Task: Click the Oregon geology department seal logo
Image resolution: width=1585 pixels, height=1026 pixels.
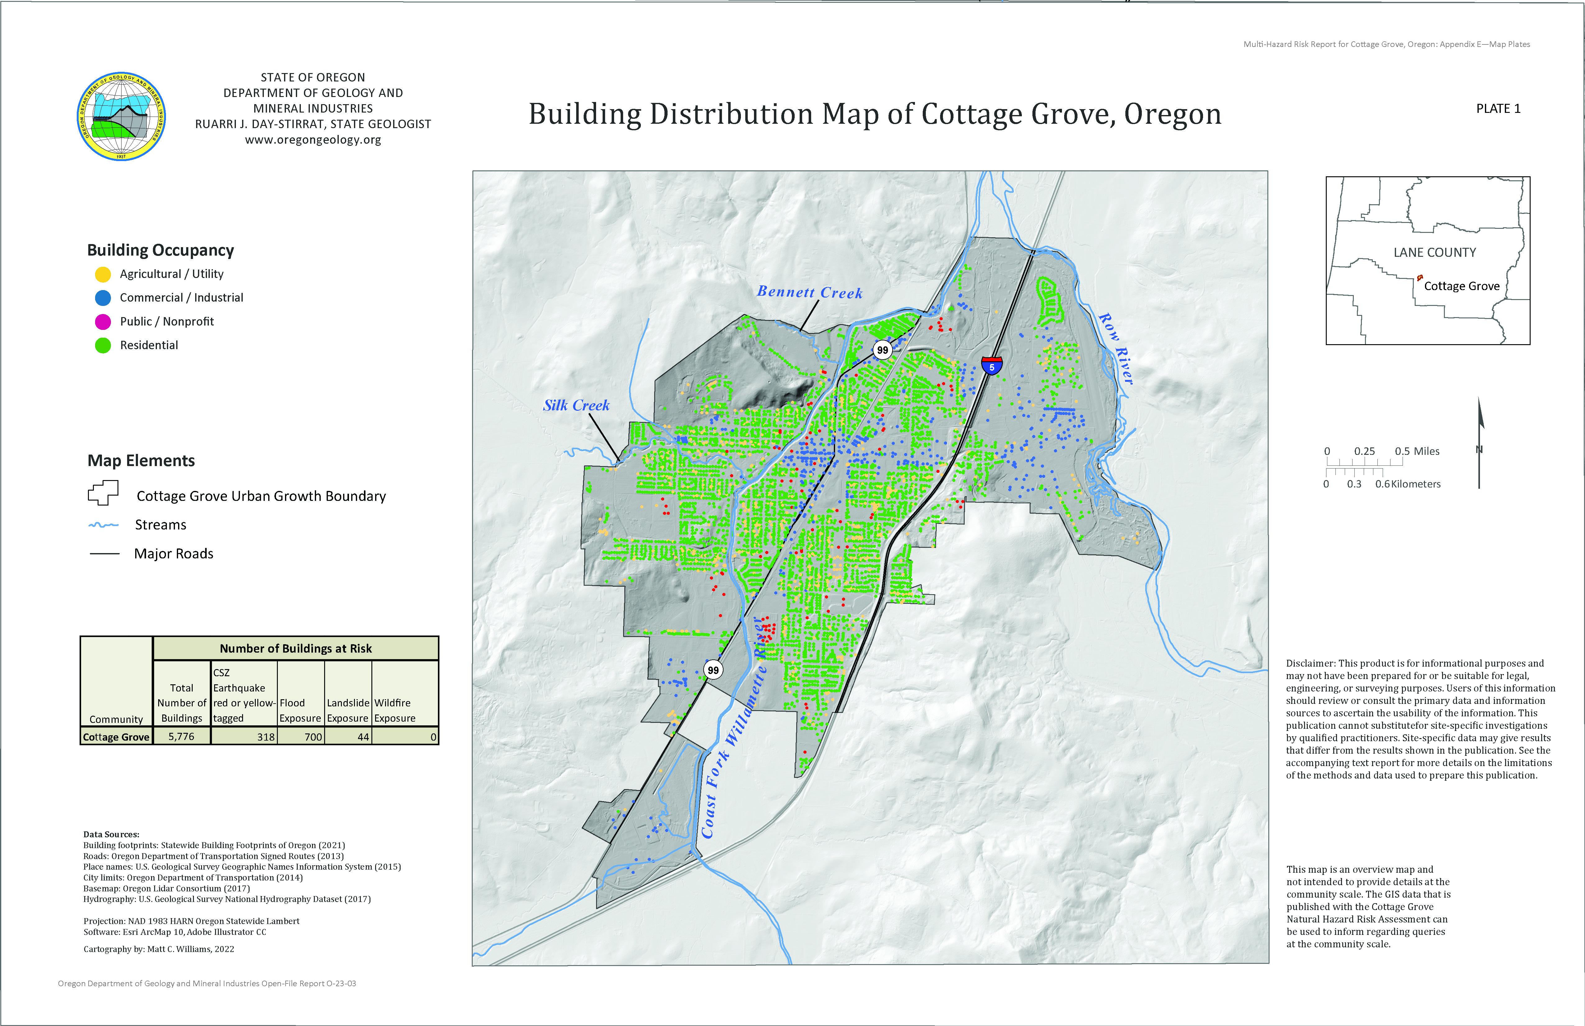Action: [121, 117]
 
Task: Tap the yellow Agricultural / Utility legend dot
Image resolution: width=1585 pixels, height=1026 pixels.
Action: [103, 274]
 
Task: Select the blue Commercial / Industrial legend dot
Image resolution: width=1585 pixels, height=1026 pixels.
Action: [103, 298]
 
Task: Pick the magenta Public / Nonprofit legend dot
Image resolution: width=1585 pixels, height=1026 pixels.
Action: [103, 322]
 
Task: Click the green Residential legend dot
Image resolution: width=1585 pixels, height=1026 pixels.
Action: [103, 345]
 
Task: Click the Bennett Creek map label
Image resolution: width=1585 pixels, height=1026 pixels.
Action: [809, 293]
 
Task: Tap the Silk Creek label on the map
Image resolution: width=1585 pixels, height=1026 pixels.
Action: [576, 405]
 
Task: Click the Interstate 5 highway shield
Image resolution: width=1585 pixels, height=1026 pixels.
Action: [992, 365]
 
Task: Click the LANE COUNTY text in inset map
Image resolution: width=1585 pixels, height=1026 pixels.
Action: [1435, 252]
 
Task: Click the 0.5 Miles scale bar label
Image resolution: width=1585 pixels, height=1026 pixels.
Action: [1417, 451]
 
